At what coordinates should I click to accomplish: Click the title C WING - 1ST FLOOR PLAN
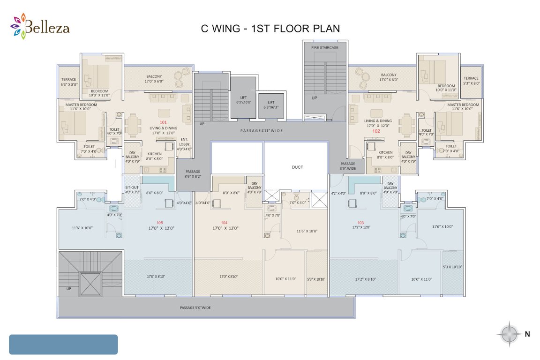pos(270,29)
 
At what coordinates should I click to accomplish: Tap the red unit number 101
pos(163,122)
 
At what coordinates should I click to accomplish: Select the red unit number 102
pos(376,131)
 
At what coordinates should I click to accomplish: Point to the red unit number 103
pos(360,222)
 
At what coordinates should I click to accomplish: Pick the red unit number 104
pos(224,222)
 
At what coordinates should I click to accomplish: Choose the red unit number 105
pos(160,222)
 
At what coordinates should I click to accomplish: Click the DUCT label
pos(297,167)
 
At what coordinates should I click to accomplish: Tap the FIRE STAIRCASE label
pos(324,47)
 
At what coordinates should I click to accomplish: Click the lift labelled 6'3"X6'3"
pos(270,105)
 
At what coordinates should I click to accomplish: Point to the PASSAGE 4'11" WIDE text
pos(262,131)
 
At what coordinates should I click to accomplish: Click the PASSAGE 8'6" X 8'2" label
pos(193,174)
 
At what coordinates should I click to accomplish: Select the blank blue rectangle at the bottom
pos(63,344)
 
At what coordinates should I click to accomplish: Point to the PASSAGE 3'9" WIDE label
pos(348,165)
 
